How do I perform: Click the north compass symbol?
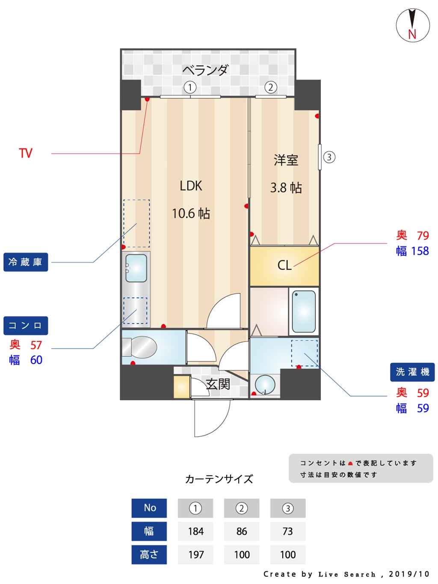coord(412,25)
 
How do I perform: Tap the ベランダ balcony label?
coord(205,70)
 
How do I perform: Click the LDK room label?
coord(191,186)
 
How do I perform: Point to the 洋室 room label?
coord(286,160)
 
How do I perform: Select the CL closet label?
coord(284,265)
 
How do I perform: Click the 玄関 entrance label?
coord(218,384)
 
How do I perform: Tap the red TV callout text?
coord(26,153)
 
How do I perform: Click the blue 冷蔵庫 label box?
coord(26,262)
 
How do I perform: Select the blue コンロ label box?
coord(26,326)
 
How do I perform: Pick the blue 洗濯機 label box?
coord(412,372)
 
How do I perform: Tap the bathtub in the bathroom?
coord(304,311)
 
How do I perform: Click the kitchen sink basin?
coord(136,268)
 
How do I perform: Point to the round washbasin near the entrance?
coord(265,384)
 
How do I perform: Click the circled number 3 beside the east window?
coord(329,157)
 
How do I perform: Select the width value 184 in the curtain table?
coord(195,531)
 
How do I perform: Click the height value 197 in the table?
coord(195,555)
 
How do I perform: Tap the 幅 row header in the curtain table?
coord(149,531)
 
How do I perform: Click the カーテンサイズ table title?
coord(219,479)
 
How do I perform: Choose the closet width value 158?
coord(420,251)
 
